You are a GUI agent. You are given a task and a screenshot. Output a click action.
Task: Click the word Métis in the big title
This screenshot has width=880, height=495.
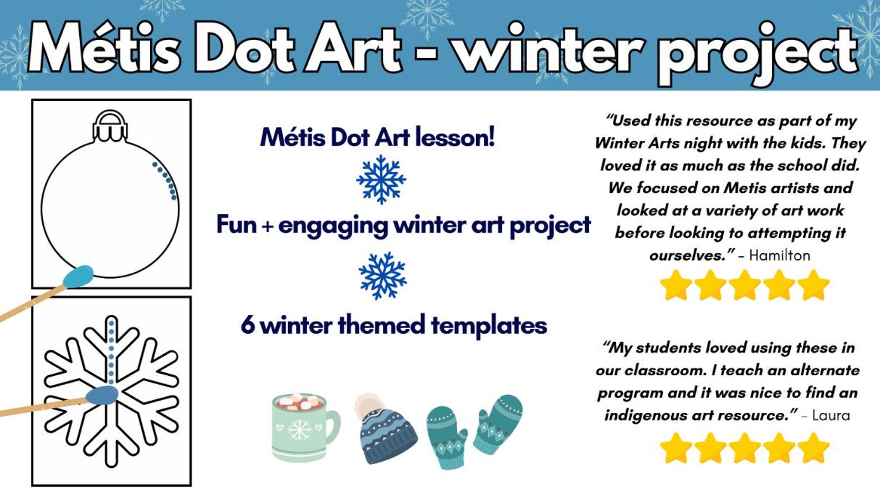coord(105,49)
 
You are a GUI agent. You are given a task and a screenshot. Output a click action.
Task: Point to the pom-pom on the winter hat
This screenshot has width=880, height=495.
coord(368,404)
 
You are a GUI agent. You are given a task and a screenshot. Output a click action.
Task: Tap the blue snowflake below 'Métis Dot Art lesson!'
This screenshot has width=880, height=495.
coord(381,179)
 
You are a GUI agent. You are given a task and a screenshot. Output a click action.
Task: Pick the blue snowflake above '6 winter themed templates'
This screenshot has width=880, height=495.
coord(382,275)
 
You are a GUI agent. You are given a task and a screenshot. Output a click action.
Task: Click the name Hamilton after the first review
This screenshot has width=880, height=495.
coord(779,255)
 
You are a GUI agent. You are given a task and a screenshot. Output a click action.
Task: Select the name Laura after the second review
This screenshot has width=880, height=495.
coord(831,415)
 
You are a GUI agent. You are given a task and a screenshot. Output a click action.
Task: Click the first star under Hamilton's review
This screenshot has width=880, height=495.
coord(676,285)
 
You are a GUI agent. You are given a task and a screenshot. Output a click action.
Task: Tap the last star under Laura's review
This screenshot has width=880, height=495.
coord(814,447)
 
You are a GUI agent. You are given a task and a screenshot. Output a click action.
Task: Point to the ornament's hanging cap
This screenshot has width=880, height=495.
coord(110,126)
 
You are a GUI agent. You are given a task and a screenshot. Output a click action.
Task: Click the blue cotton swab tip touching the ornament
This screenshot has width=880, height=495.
coord(78,276)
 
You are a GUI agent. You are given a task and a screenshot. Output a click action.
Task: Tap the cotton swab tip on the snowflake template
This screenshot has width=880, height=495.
coord(103,395)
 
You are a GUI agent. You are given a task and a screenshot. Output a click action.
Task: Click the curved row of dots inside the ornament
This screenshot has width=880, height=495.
coord(166,180)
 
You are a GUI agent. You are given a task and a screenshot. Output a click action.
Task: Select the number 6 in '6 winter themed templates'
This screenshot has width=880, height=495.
coord(248,325)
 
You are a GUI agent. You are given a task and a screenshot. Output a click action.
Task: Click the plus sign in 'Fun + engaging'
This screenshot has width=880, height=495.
coord(268,226)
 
